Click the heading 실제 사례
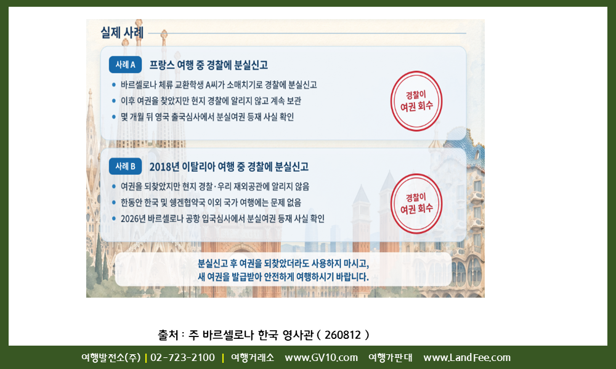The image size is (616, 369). coord(122,33)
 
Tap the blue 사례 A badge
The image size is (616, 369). coord(125,65)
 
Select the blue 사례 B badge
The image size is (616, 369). coord(125,166)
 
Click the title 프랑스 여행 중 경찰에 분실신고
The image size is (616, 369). coord(209,65)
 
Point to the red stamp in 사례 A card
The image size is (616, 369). coord(416,101)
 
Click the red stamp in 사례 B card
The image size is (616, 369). coord(416,204)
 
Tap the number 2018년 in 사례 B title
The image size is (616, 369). coord(164,167)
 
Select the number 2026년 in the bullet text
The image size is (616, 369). coord(133,218)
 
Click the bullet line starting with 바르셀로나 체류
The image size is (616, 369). coord(219,85)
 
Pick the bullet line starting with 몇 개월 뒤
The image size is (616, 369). coord(207,117)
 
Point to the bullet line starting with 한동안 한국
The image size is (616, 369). coord(211,202)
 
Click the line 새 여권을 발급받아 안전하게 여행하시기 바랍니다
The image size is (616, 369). coord(283,277)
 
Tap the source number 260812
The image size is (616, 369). coord(342,335)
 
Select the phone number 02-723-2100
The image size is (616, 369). coord(183,358)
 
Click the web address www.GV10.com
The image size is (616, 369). coord(322,358)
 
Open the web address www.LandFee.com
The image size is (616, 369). coord(467,358)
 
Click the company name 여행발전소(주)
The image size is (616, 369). coord(111,358)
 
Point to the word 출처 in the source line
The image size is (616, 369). coord(168,335)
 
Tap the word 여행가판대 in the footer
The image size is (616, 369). coord(391,358)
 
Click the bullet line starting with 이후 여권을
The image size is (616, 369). coord(211,101)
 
